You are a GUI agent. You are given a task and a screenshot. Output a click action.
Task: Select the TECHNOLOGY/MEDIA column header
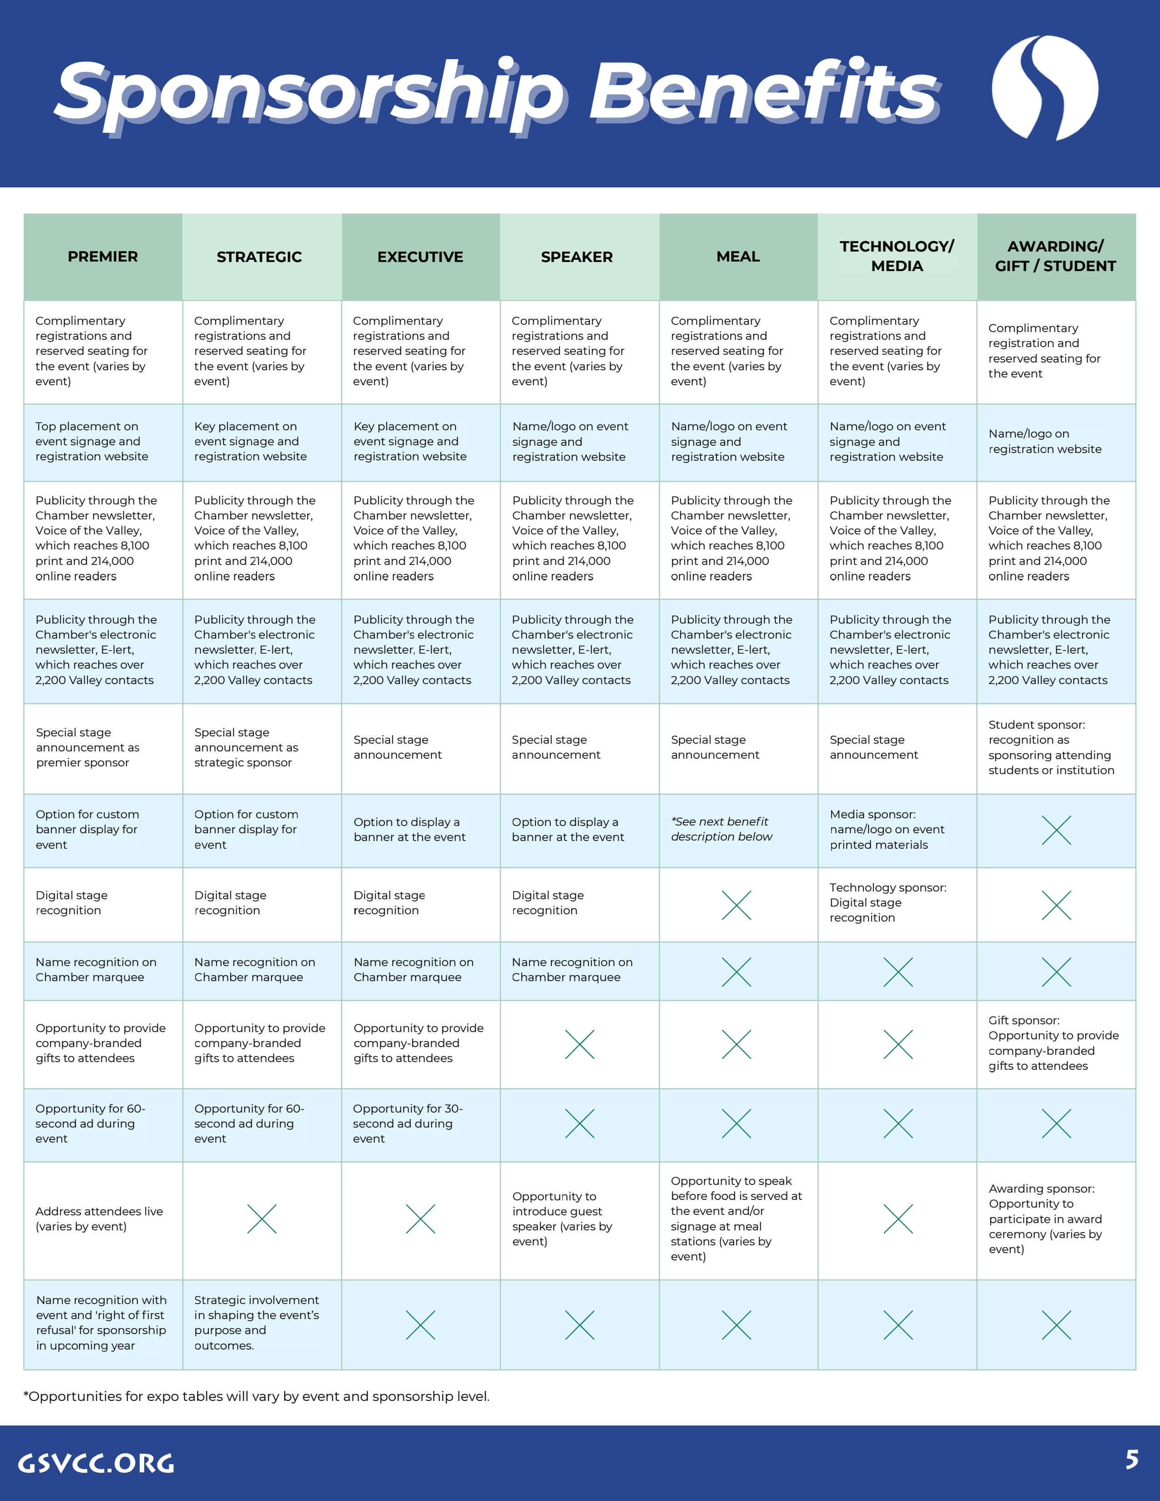[x=897, y=257]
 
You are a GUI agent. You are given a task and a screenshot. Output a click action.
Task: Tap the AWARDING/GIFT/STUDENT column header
[x=1055, y=257]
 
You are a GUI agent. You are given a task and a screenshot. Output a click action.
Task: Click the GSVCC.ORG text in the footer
[x=96, y=1462]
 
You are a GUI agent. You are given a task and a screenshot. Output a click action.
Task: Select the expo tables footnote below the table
[x=256, y=1396]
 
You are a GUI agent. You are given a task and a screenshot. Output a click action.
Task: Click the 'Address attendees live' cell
[x=100, y=1219]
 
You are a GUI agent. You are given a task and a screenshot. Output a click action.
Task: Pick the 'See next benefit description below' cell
[x=721, y=829]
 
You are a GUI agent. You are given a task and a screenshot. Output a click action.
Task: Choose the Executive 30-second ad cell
[x=408, y=1123]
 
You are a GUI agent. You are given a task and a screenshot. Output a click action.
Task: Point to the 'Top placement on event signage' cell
[x=92, y=441]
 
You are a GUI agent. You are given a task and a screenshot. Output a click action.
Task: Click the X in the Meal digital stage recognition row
[x=736, y=905]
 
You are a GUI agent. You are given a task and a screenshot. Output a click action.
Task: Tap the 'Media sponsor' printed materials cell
[x=887, y=829]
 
